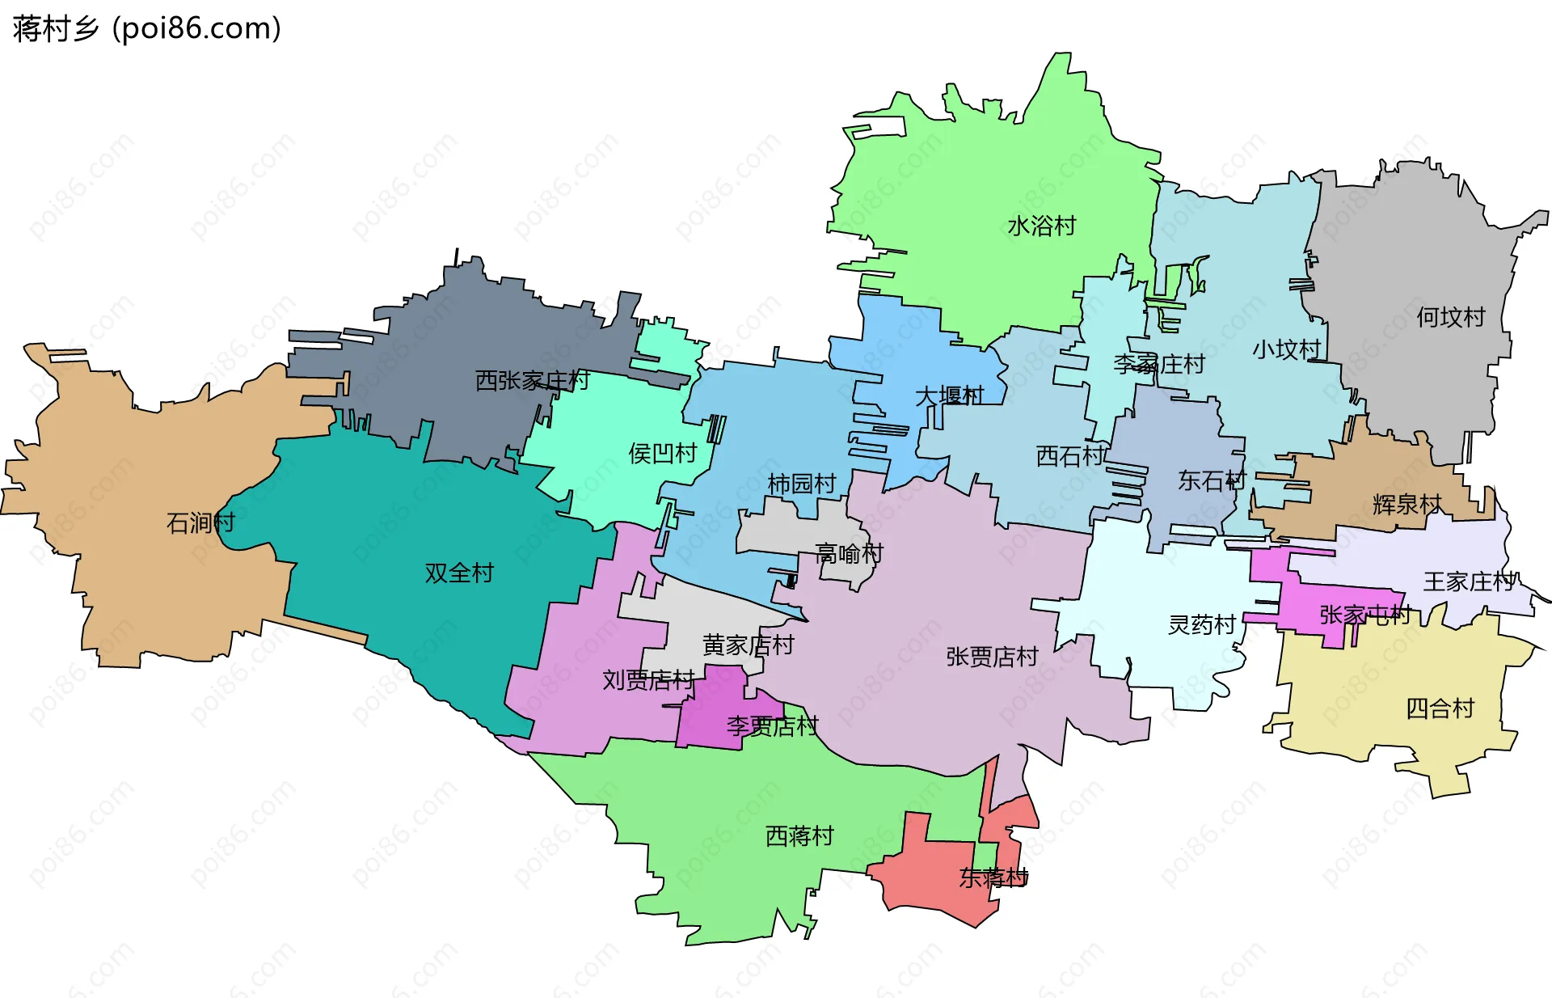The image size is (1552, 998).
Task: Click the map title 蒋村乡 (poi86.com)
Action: [147, 28]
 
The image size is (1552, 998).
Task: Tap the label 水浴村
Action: [1041, 226]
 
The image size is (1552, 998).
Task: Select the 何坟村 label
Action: [1450, 317]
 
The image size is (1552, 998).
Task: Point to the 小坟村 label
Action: [1286, 349]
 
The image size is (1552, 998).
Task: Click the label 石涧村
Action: [200, 522]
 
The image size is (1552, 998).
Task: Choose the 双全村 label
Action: [459, 573]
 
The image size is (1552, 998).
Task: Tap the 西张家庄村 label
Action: [532, 380]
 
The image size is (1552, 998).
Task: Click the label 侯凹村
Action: [663, 453]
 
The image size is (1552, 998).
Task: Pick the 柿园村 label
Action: [801, 484]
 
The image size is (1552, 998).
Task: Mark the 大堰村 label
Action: [949, 395]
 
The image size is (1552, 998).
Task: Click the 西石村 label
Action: [1070, 456]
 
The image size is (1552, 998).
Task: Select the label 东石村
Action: [1212, 480]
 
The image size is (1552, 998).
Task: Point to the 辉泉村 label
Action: [1406, 505]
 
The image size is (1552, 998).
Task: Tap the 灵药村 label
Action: [1202, 624]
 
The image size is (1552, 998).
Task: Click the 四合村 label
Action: [1440, 708]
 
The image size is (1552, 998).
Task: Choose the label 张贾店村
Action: [992, 657]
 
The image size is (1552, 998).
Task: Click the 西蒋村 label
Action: [799, 835]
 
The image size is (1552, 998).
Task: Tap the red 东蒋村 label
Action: [993, 877]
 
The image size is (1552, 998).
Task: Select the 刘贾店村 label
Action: [648, 680]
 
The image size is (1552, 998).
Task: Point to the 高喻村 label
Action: [849, 554]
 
